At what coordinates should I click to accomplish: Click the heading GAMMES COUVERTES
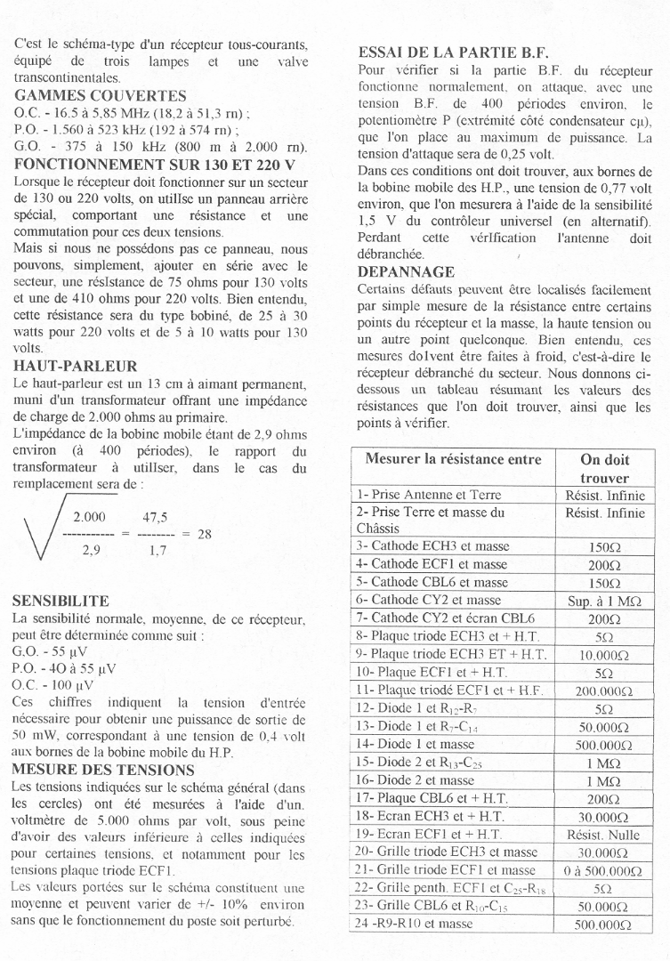click(x=101, y=96)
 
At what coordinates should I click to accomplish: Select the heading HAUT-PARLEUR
click(x=77, y=366)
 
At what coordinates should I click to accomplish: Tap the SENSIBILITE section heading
click(x=61, y=602)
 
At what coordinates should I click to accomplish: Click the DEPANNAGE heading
click(x=406, y=271)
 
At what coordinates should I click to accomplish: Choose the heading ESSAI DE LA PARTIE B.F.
click(x=453, y=52)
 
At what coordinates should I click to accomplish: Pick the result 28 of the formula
click(x=204, y=534)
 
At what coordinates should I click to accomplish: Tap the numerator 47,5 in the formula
click(x=155, y=516)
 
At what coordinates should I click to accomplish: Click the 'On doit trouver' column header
click(x=604, y=469)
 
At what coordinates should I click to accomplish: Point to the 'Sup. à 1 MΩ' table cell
click(x=604, y=601)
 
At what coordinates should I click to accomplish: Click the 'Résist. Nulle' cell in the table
click(x=604, y=835)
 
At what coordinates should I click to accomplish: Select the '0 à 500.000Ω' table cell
click(x=604, y=870)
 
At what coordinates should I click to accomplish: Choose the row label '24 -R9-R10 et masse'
click(x=415, y=925)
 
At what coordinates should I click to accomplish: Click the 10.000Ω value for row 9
click(x=604, y=654)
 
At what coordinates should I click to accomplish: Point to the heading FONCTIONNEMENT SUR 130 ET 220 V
click(x=155, y=164)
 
